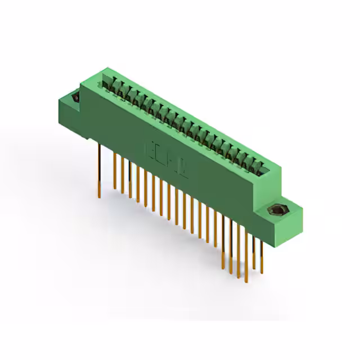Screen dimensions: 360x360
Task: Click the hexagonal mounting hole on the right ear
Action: pyautogui.click(x=277, y=211)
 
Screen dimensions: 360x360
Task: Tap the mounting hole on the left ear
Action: pyautogui.click(x=74, y=98)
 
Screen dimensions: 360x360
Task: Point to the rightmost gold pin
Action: pyautogui.click(x=260, y=253)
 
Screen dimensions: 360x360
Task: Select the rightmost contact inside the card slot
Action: pyautogui.click(x=260, y=166)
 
